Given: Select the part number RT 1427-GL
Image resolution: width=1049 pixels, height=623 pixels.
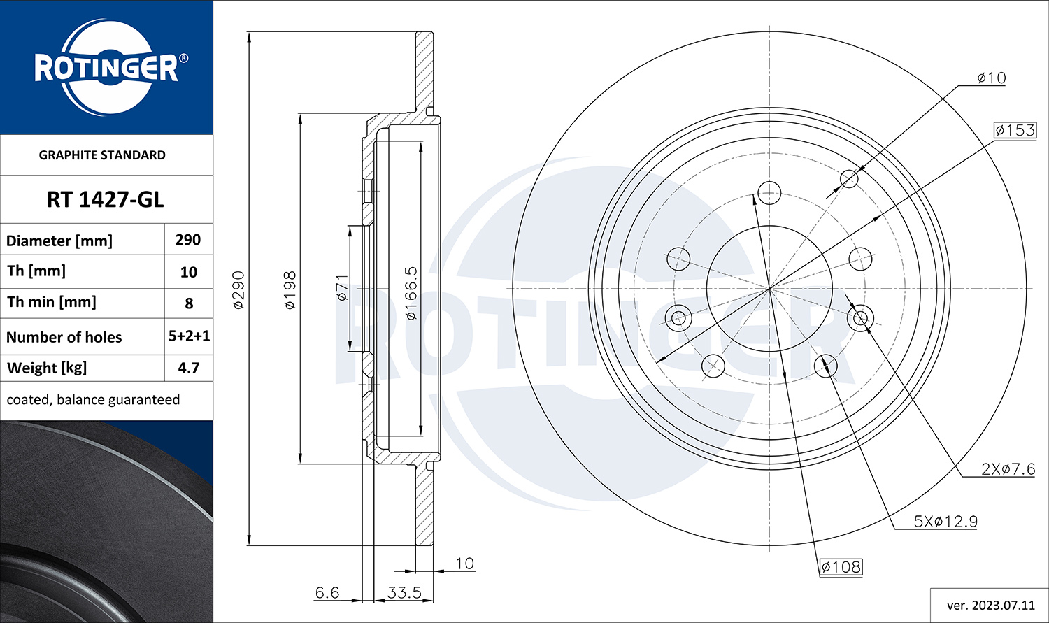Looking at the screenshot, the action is click(106, 200).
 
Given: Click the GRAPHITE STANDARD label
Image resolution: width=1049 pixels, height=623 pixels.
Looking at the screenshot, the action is click(102, 155).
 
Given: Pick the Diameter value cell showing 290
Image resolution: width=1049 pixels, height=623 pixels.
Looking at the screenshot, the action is click(188, 240).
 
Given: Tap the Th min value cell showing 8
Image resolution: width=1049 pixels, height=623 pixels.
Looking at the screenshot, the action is click(190, 303).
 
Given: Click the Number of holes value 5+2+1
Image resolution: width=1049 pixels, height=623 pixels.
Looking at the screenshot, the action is click(190, 336).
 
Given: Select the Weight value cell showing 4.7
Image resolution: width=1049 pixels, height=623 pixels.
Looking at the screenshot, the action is click(189, 368).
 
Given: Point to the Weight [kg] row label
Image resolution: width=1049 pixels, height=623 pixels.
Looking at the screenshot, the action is click(47, 368).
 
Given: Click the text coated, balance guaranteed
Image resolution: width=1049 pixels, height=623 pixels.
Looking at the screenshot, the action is click(93, 400).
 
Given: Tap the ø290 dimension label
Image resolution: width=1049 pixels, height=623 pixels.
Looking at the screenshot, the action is click(239, 289).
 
